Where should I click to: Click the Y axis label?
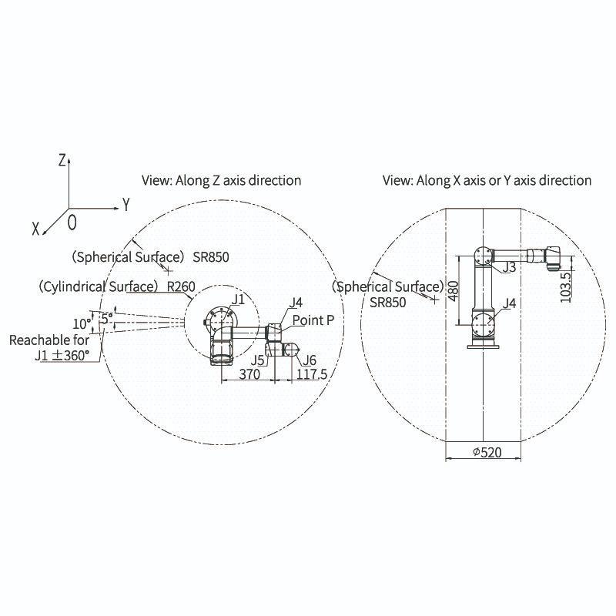[126, 205]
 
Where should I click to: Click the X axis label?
[36, 229]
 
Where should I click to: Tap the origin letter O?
[72, 223]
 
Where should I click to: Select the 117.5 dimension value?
[312, 374]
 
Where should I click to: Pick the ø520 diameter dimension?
[483, 452]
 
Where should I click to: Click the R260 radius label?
[180, 287]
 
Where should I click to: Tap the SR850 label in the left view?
[211, 256]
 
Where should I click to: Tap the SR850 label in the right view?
[388, 303]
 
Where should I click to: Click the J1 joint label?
[239, 298]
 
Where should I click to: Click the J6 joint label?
[310, 360]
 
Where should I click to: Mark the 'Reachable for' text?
[49, 340]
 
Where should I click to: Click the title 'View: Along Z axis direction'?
[221, 180]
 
